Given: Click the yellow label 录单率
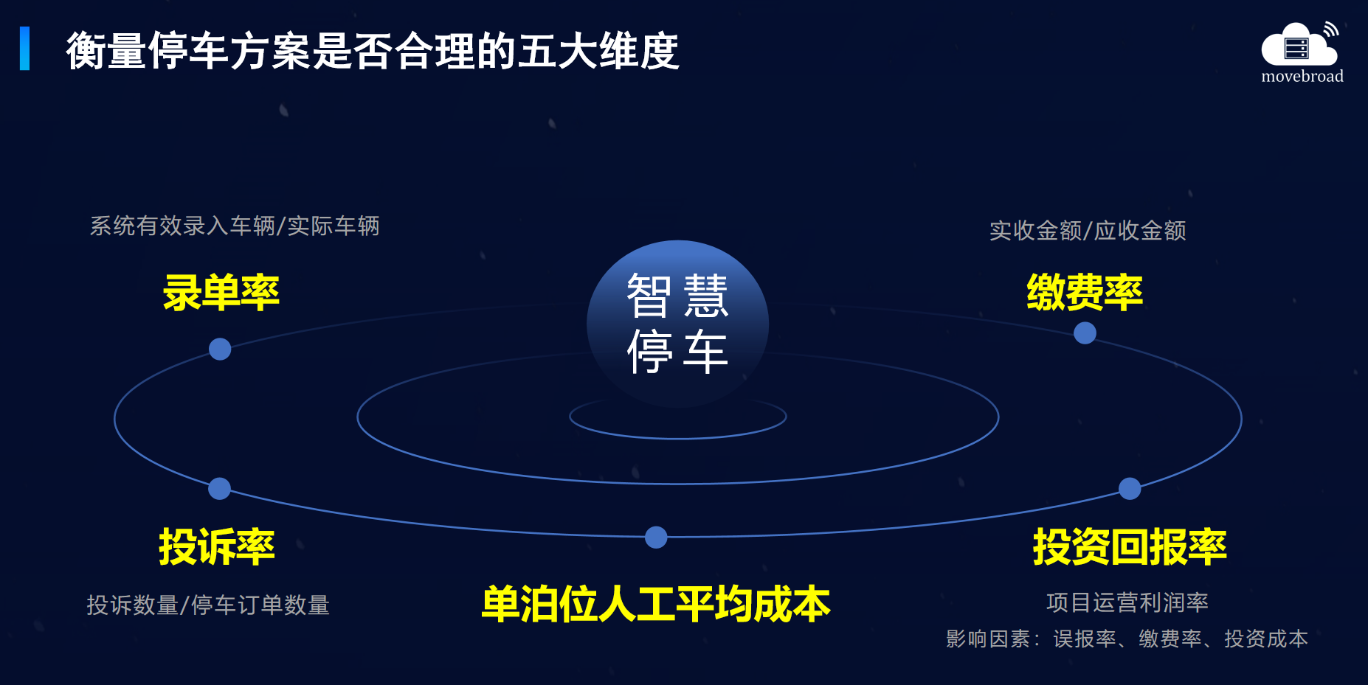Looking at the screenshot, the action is tap(221, 293).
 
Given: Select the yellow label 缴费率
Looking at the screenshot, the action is tap(1085, 292).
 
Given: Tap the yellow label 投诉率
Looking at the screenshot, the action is tap(217, 546).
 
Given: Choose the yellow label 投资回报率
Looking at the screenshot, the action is tap(1130, 546).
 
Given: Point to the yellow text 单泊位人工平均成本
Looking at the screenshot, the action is tap(656, 604).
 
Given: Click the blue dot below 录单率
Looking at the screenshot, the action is tap(220, 349).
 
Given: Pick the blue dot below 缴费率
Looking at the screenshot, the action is tap(1085, 333).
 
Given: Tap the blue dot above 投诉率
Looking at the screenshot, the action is tap(219, 488).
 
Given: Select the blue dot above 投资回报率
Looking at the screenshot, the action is tap(1130, 488).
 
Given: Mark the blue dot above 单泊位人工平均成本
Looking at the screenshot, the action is tap(656, 538).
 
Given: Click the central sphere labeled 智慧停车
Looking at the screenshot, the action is tap(677, 324).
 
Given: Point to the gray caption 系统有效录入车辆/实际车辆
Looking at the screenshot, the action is tap(235, 226).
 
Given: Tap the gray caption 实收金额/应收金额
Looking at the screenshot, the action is tap(1088, 231).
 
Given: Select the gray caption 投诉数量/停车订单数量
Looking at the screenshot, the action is tap(208, 605).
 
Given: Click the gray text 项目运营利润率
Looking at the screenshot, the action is tap(1127, 602).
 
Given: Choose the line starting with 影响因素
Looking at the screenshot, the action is tap(1127, 639).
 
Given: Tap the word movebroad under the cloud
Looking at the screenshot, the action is tap(1302, 76).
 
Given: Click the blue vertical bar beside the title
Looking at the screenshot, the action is tap(25, 49).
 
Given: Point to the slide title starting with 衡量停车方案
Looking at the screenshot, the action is tap(373, 51).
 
